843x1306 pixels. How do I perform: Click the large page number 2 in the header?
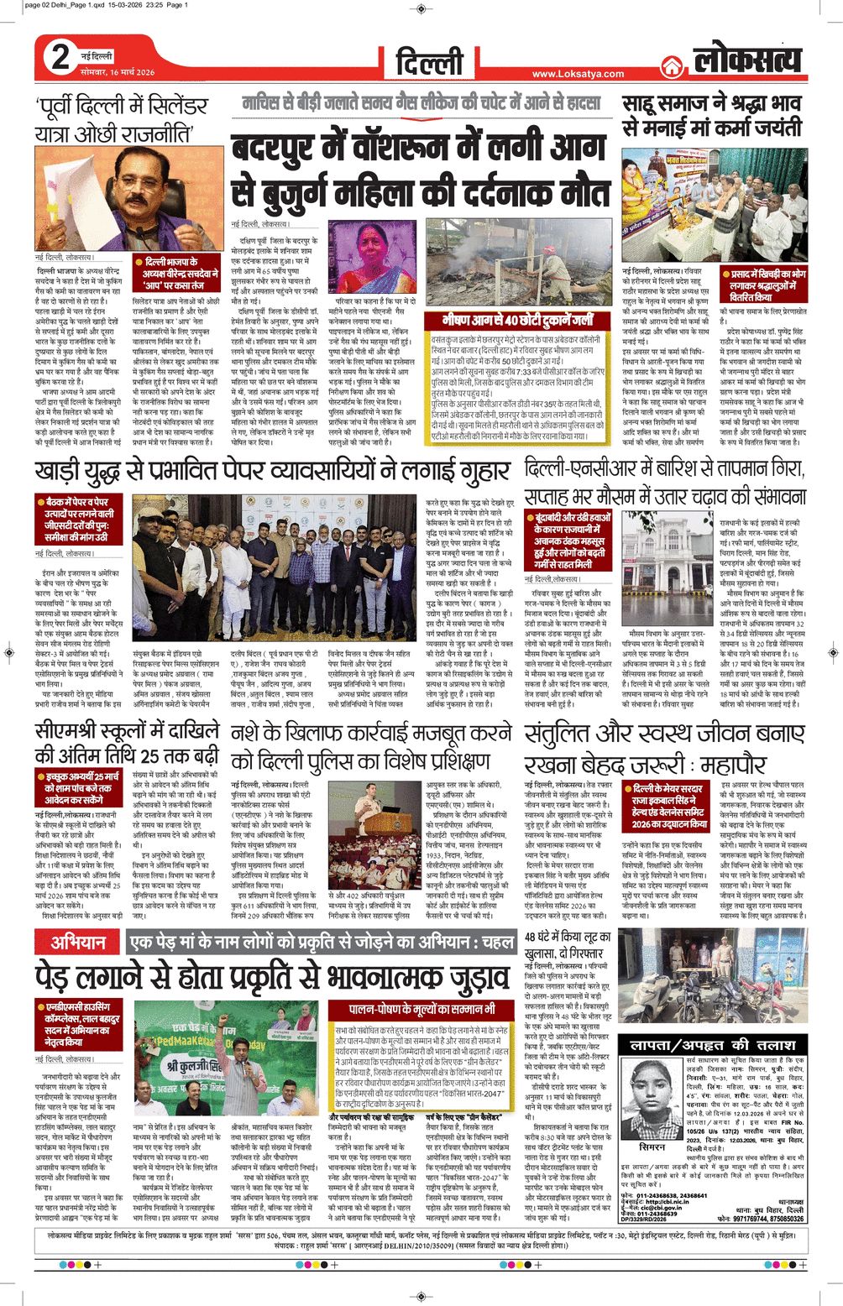pos(60,58)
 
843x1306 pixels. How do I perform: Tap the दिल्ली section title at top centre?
pos(429,60)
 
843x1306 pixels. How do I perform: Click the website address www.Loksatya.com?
pos(578,74)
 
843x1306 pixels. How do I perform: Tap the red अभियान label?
pos(78,942)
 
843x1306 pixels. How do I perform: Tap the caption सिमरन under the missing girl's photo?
pos(652,1147)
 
